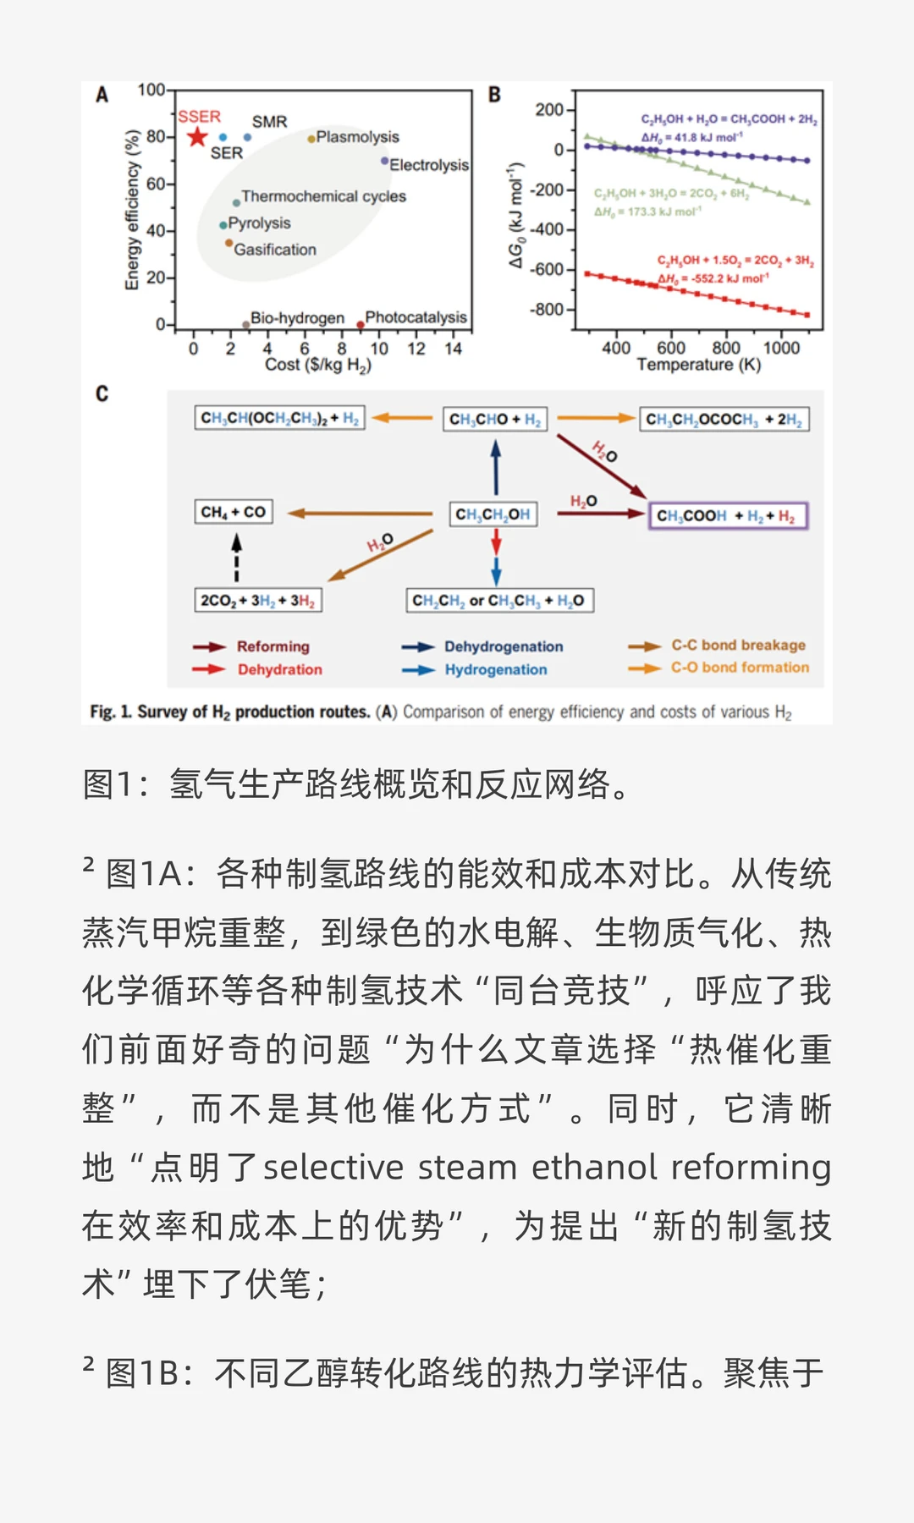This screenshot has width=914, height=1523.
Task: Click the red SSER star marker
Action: tap(197, 136)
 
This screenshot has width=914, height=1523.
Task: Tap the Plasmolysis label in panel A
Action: tap(357, 137)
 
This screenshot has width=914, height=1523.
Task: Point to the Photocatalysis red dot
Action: tap(361, 324)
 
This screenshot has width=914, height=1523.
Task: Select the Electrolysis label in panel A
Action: tap(428, 165)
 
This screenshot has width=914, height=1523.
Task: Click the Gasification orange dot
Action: tap(228, 244)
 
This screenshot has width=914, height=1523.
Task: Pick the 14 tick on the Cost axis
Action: tap(454, 349)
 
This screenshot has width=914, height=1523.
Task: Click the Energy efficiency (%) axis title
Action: tap(132, 210)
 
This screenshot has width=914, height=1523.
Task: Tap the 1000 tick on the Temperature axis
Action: tap(781, 348)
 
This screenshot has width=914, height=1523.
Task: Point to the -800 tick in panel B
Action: tap(548, 310)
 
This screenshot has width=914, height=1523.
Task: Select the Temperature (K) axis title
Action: tap(698, 365)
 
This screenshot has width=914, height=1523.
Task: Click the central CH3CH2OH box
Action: tap(493, 514)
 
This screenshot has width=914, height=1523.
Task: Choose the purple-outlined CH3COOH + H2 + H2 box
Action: tap(728, 515)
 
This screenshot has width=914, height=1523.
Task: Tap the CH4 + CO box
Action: tap(234, 512)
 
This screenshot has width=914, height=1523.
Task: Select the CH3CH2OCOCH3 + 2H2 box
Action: tap(724, 419)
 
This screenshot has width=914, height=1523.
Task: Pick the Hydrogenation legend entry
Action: tap(495, 670)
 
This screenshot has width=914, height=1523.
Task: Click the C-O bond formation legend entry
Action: tap(740, 668)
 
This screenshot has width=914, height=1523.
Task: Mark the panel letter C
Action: tap(102, 394)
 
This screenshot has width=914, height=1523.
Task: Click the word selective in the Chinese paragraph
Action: tap(333, 1168)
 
